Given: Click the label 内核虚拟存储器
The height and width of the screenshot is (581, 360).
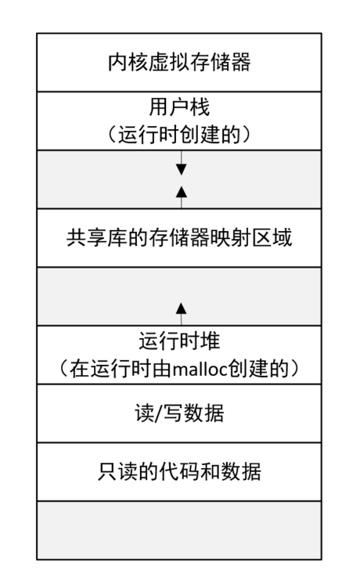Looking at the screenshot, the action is [179, 63].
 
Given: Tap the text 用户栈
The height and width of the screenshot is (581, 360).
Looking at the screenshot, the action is [179, 107].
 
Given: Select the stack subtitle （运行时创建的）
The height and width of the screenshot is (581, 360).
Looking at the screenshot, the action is [179, 134].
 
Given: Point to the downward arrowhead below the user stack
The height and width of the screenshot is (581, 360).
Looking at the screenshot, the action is [181, 169].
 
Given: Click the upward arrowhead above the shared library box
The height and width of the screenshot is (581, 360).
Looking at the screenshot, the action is [181, 192].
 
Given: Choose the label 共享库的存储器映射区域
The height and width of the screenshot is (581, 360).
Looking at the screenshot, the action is [179, 238].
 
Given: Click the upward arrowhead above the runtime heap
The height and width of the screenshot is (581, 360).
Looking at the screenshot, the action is [181, 309].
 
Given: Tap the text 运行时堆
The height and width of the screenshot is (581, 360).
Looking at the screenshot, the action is [179, 341].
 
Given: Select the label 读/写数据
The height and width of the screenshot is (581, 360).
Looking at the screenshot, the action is [179, 413].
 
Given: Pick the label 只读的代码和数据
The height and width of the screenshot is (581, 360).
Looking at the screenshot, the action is [179, 471].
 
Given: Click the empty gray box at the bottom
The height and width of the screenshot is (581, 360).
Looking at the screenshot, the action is [179, 530].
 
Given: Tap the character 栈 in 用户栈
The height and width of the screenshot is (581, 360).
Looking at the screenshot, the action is [200, 107].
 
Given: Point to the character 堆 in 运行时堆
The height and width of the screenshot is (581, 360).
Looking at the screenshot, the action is [211, 341].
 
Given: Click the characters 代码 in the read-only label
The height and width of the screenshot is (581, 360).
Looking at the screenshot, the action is [179, 471].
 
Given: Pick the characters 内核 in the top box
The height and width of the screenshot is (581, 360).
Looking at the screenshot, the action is [128, 63].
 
